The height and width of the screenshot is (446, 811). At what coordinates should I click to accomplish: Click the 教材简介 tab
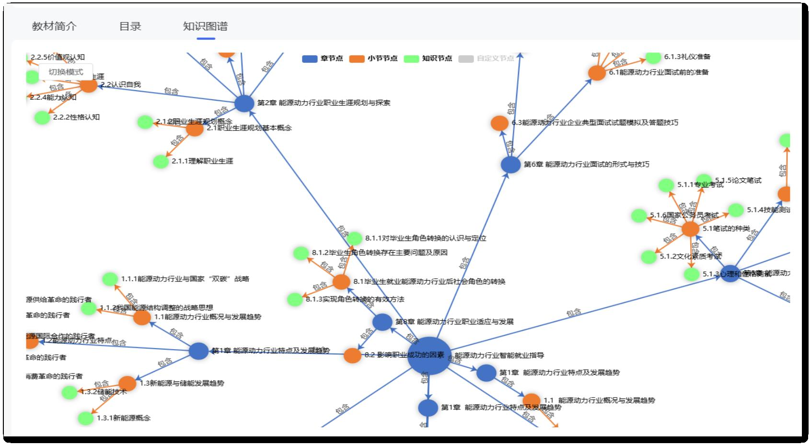point(54,26)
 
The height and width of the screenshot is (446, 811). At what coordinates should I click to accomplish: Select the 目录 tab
point(130,26)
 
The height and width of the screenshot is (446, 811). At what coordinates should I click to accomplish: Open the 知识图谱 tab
point(205,26)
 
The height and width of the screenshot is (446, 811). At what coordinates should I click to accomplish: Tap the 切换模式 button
point(66,72)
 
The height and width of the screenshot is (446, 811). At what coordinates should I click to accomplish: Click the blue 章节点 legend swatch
point(310,59)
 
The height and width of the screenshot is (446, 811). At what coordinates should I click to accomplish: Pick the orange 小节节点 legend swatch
point(357,59)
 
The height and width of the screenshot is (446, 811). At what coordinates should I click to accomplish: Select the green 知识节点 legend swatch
point(411,59)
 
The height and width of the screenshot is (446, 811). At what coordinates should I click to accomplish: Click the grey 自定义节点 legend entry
point(487,59)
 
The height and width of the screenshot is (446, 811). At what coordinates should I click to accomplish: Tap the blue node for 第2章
point(244,103)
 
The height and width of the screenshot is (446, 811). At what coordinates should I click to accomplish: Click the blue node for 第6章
point(510,164)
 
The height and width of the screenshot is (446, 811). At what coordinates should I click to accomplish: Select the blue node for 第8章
point(382,322)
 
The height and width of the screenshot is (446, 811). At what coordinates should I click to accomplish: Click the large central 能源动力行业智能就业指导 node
point(429,356)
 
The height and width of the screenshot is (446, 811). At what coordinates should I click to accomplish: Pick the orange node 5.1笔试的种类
point(690,229)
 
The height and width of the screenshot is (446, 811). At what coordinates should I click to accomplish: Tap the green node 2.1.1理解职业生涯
point(161,161)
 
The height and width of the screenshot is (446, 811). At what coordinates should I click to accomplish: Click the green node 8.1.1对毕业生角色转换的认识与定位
point(354,238)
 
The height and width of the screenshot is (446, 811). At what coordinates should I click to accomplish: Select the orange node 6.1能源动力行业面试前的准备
point(597,73)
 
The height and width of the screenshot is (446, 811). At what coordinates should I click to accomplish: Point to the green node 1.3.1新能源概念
point(86,418)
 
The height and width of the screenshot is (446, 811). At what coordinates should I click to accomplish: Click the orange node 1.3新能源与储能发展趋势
point(127,383)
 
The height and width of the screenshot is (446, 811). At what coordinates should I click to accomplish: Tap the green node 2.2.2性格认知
point(42,117)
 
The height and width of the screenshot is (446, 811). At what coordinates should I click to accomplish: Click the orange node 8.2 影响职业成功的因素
point(352,355)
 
